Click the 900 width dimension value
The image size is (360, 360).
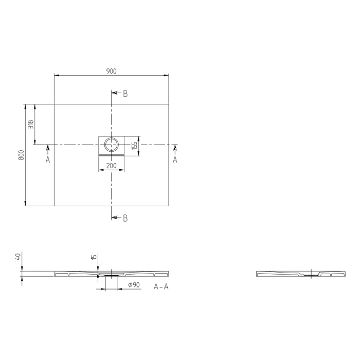111,71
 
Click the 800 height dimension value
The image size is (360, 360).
21,155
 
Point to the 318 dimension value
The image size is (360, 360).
31,124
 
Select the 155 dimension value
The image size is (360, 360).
134,145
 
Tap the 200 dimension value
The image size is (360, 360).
111,166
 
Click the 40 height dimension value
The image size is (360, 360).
19,257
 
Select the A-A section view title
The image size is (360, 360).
161,286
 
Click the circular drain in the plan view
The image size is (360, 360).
111,143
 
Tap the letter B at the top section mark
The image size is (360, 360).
125,94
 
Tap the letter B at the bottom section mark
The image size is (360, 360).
125,218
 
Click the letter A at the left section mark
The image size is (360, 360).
47,160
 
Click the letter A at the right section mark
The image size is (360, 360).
175,160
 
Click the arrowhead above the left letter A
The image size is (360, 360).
47,149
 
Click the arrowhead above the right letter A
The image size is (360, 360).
175,149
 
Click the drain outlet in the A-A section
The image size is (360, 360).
111,275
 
